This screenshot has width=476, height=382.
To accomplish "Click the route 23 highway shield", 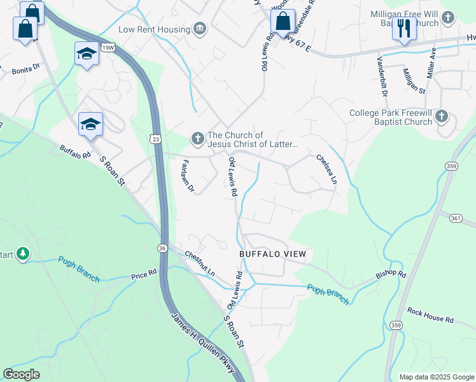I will tap(155, 138).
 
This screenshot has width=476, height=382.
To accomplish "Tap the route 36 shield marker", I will tap(164, 248).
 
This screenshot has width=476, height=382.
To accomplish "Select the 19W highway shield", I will tap(108, 46).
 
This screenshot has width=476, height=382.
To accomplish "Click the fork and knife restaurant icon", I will tap(404, 29).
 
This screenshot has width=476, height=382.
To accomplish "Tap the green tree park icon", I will tap(23, 255).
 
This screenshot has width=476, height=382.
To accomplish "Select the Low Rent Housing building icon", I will tap(200, 29).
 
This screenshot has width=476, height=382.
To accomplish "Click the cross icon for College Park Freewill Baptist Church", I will tap(442, 117).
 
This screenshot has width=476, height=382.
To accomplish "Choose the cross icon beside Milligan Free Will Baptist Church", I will tap(448, 18).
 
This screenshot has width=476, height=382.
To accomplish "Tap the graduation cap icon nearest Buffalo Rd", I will tap(90, 124).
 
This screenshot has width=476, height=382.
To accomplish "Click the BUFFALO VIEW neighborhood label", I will tap(272, 254).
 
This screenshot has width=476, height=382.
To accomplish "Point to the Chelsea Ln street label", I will tap(326, 169).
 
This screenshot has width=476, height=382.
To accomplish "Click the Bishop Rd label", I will tap(390, 274).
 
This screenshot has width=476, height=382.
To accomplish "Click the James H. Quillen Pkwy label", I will tap(203, 344).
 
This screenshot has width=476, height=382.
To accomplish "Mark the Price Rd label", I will tap(144, 275).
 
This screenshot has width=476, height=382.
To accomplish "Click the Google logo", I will tap(22, 374).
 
